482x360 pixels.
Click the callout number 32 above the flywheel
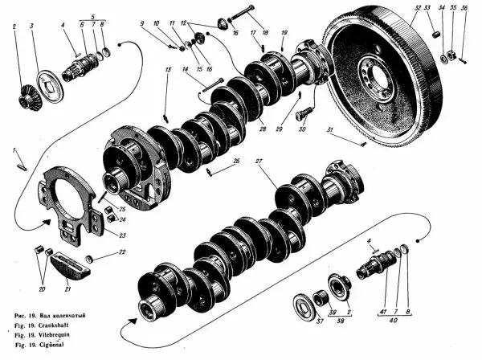417,9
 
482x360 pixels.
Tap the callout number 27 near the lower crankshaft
259,163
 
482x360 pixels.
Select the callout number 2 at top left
14,27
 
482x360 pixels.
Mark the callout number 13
167,72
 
